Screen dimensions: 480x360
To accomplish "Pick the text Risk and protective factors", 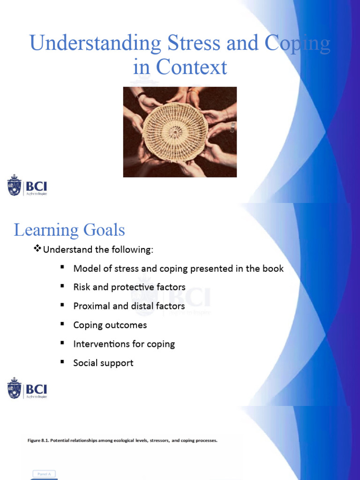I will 129,287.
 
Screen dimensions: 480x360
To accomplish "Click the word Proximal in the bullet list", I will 91,306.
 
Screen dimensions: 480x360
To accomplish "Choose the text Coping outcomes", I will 110,325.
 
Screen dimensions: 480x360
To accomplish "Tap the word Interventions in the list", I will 101,344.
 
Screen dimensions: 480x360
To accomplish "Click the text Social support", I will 103,363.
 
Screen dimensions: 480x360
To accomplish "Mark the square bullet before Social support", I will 62,362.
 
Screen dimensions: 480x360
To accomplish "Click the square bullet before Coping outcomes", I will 62,324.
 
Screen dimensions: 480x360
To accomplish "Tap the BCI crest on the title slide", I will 15,185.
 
